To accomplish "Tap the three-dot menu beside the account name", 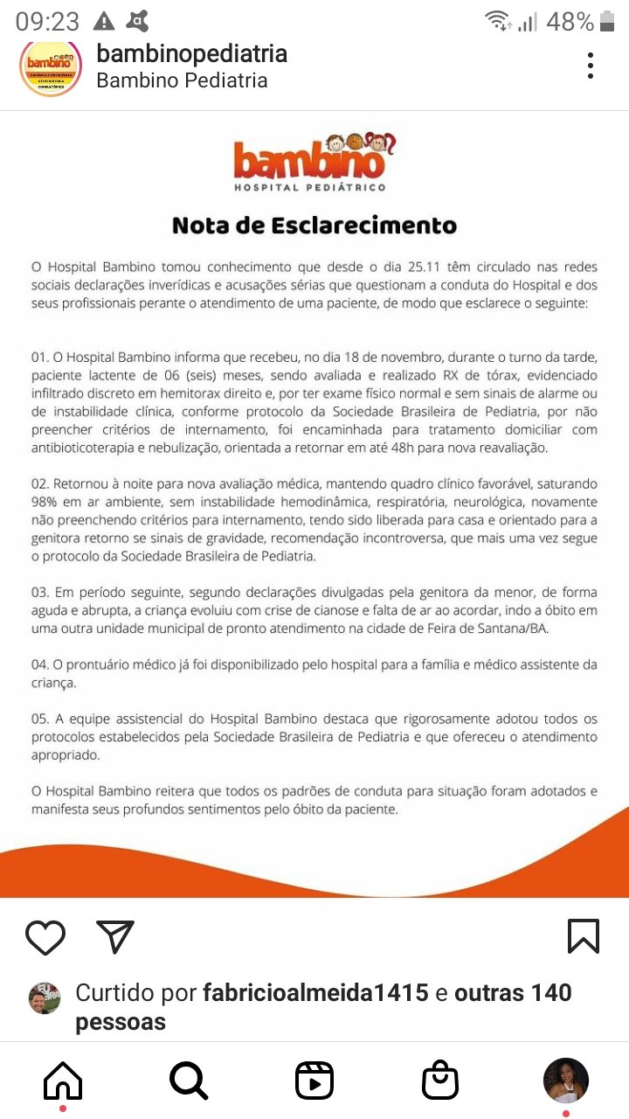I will (591, 66).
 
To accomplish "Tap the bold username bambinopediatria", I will (191, 53).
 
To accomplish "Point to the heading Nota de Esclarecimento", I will (314, 225).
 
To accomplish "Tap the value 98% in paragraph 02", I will (45, 502).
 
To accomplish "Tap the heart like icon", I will (45, 937).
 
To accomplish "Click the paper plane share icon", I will (115, 936).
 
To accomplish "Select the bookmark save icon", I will (583, 936).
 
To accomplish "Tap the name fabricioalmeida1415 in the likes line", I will (315, 993).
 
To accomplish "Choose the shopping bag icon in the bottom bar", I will (439, 1081).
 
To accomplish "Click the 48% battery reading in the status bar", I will (570, 22).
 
